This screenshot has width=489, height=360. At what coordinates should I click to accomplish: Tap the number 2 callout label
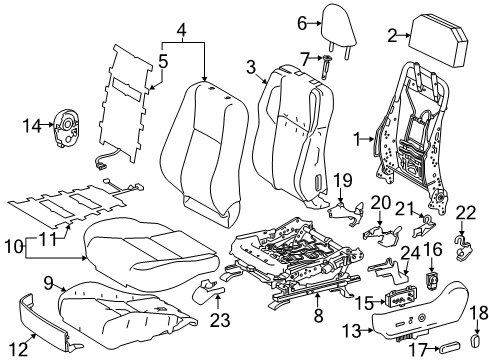point(391,35)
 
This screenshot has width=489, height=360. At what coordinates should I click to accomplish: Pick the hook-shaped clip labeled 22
point(462,269)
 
